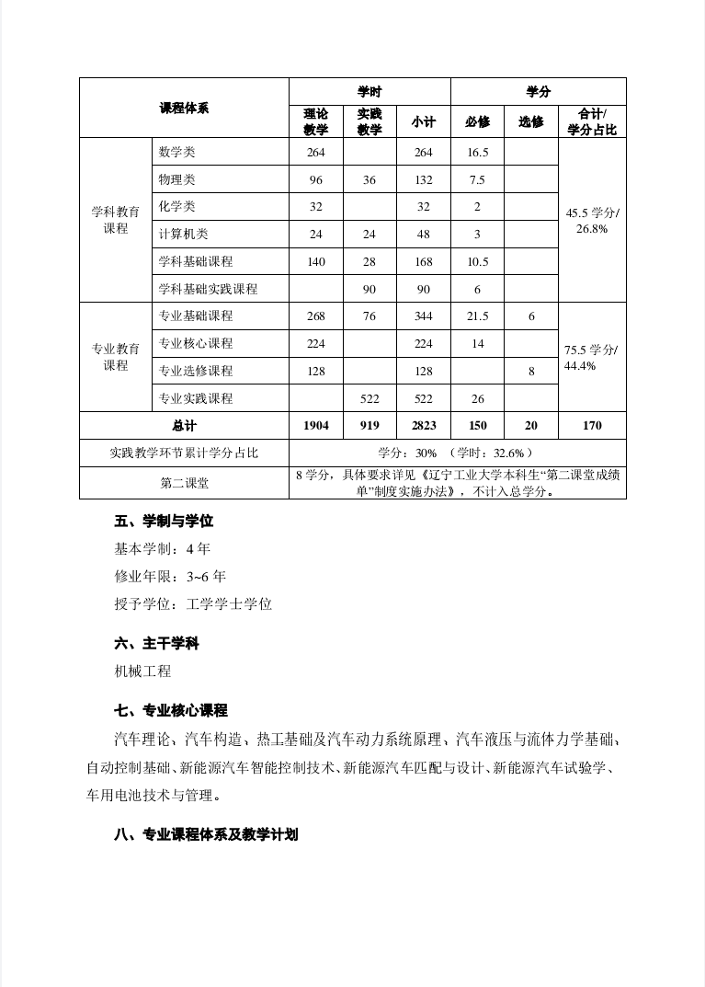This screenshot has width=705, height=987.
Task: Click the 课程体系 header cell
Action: tap(184, 108)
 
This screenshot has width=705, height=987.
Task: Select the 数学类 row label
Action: tap(177, 152)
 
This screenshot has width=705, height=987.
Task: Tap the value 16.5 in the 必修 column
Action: tap(477, 153)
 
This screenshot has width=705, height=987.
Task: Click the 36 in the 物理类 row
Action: tap(370, 180)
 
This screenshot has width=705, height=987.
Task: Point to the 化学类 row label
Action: tap(177, 207)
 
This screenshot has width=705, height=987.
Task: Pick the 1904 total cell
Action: tap(315, 426)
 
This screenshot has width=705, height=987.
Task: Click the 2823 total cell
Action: tap(423, 426)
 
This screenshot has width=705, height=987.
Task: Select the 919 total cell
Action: tap(370, 426)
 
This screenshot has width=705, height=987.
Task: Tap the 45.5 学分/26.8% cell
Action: tap(592, 221)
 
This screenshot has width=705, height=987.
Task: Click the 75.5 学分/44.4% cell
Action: tap(592, 358)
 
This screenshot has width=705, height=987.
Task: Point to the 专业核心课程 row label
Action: tap(196, 344)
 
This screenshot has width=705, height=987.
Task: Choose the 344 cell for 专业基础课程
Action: tap(423, 316)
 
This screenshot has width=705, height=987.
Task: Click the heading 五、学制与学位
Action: tap(164, 522)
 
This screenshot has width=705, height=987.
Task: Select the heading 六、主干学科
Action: tap(156, 644)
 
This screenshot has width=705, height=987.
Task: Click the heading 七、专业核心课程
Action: tap(171, 711)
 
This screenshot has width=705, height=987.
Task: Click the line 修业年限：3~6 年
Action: tap(170, 577)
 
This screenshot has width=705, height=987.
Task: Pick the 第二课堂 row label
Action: tap(184, 483)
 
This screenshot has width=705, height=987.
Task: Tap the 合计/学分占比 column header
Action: tap(592, 121)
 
